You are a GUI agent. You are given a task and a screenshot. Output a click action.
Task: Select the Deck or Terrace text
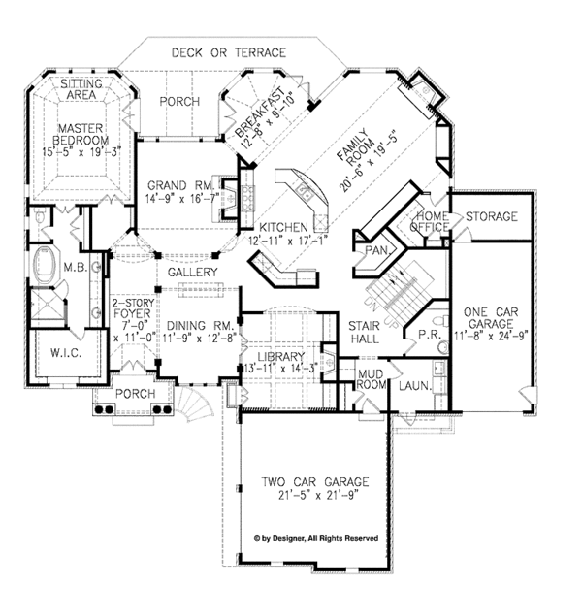[229, 51]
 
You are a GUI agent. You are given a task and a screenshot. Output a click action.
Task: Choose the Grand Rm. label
[174, 185]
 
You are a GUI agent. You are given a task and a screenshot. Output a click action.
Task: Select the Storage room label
[491, 216]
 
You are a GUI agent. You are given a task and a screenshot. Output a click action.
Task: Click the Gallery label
[192, 274]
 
